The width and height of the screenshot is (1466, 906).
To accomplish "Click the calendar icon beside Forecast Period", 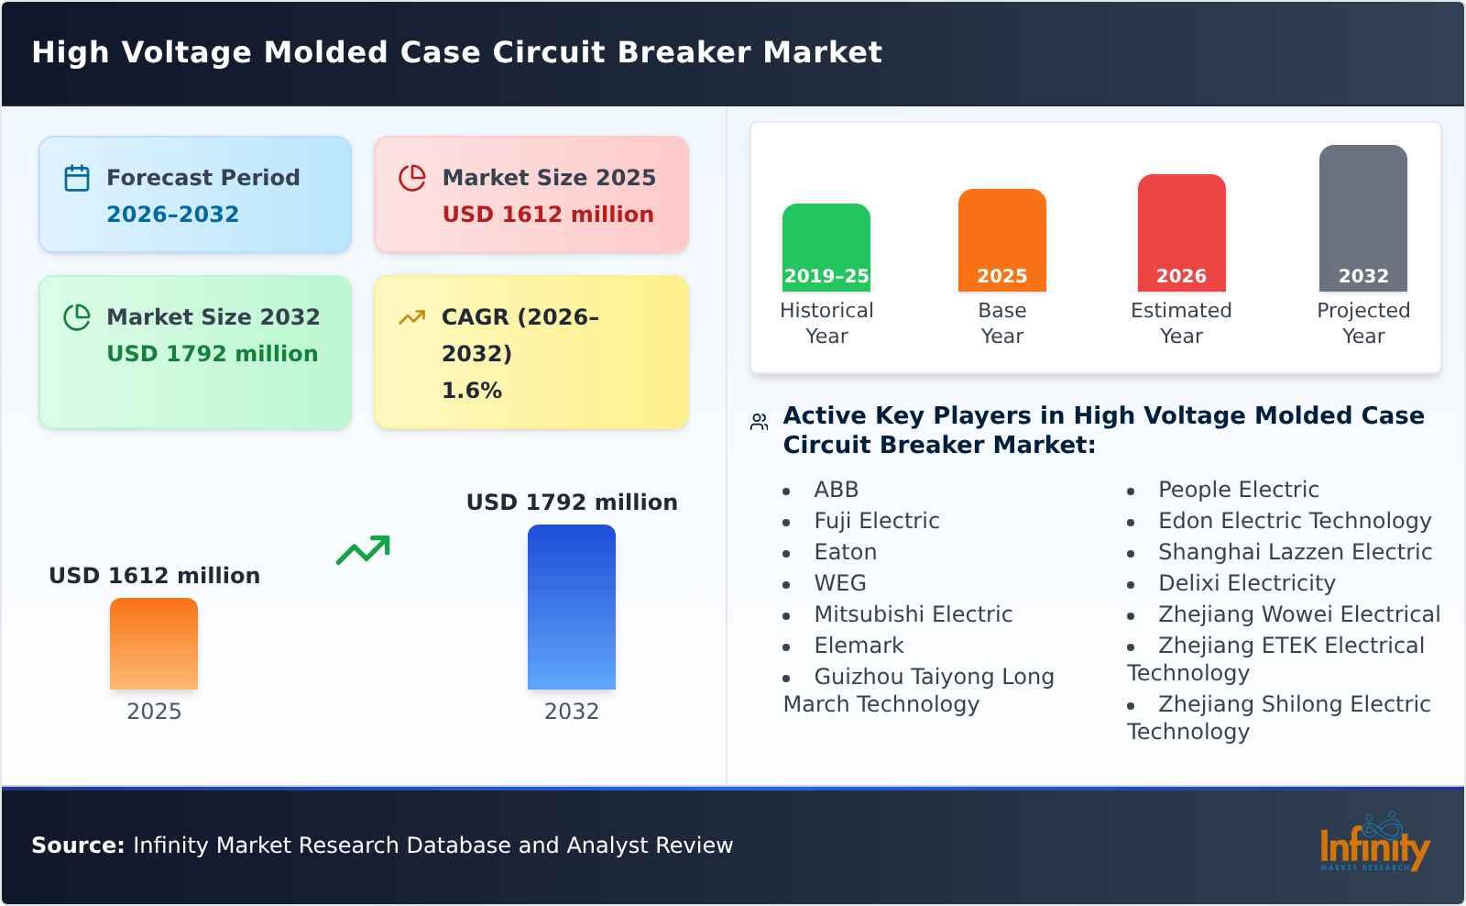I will point(77,178).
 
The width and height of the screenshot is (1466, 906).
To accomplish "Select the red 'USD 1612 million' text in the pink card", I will point(548,215).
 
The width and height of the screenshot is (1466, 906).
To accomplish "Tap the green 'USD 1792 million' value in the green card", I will point(212,354).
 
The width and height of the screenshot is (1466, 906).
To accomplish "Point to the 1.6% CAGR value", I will point(471,391).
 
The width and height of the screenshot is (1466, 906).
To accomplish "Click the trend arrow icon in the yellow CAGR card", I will point(411,317).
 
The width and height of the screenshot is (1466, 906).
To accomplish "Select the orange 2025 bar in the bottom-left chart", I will point(154,644).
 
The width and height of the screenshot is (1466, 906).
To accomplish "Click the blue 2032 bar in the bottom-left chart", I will point(571,607).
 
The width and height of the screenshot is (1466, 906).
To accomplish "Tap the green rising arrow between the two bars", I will point(363,550).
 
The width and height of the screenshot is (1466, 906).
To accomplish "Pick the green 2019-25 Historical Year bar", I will point(826,248).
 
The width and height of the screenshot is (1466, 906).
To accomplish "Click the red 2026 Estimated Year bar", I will point(1181,233).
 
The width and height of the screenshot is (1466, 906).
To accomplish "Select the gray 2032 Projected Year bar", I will point(1362,218).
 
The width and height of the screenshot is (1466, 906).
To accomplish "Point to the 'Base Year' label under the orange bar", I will point(1001,323).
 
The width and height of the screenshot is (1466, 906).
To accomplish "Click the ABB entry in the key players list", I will point(836,490).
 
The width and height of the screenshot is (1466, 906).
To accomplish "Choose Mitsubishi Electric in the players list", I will point(913,614).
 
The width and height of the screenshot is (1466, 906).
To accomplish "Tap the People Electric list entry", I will point(1238,490).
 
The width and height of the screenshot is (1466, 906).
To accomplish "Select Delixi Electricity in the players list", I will point(1246,583).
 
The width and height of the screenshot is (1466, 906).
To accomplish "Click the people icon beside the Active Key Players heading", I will point(759,422).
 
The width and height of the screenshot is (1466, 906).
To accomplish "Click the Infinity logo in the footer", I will point(1373,845).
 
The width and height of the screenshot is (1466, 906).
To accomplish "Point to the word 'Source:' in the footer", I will point(78,845).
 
